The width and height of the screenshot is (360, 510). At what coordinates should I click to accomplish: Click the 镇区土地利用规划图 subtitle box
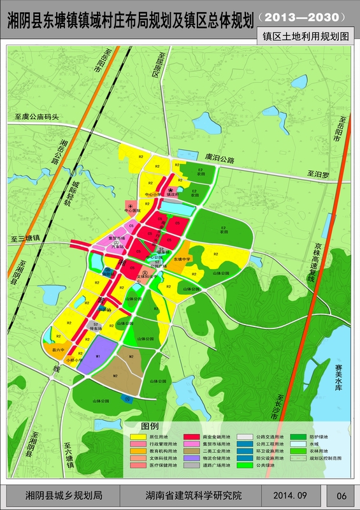pos(308,36)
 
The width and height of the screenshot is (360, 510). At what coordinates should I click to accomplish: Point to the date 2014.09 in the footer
pos(291,495)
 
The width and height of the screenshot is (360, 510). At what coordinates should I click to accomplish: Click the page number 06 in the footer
pos(341,495)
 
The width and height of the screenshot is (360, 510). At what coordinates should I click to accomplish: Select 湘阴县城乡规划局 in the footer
pos(64,495)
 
